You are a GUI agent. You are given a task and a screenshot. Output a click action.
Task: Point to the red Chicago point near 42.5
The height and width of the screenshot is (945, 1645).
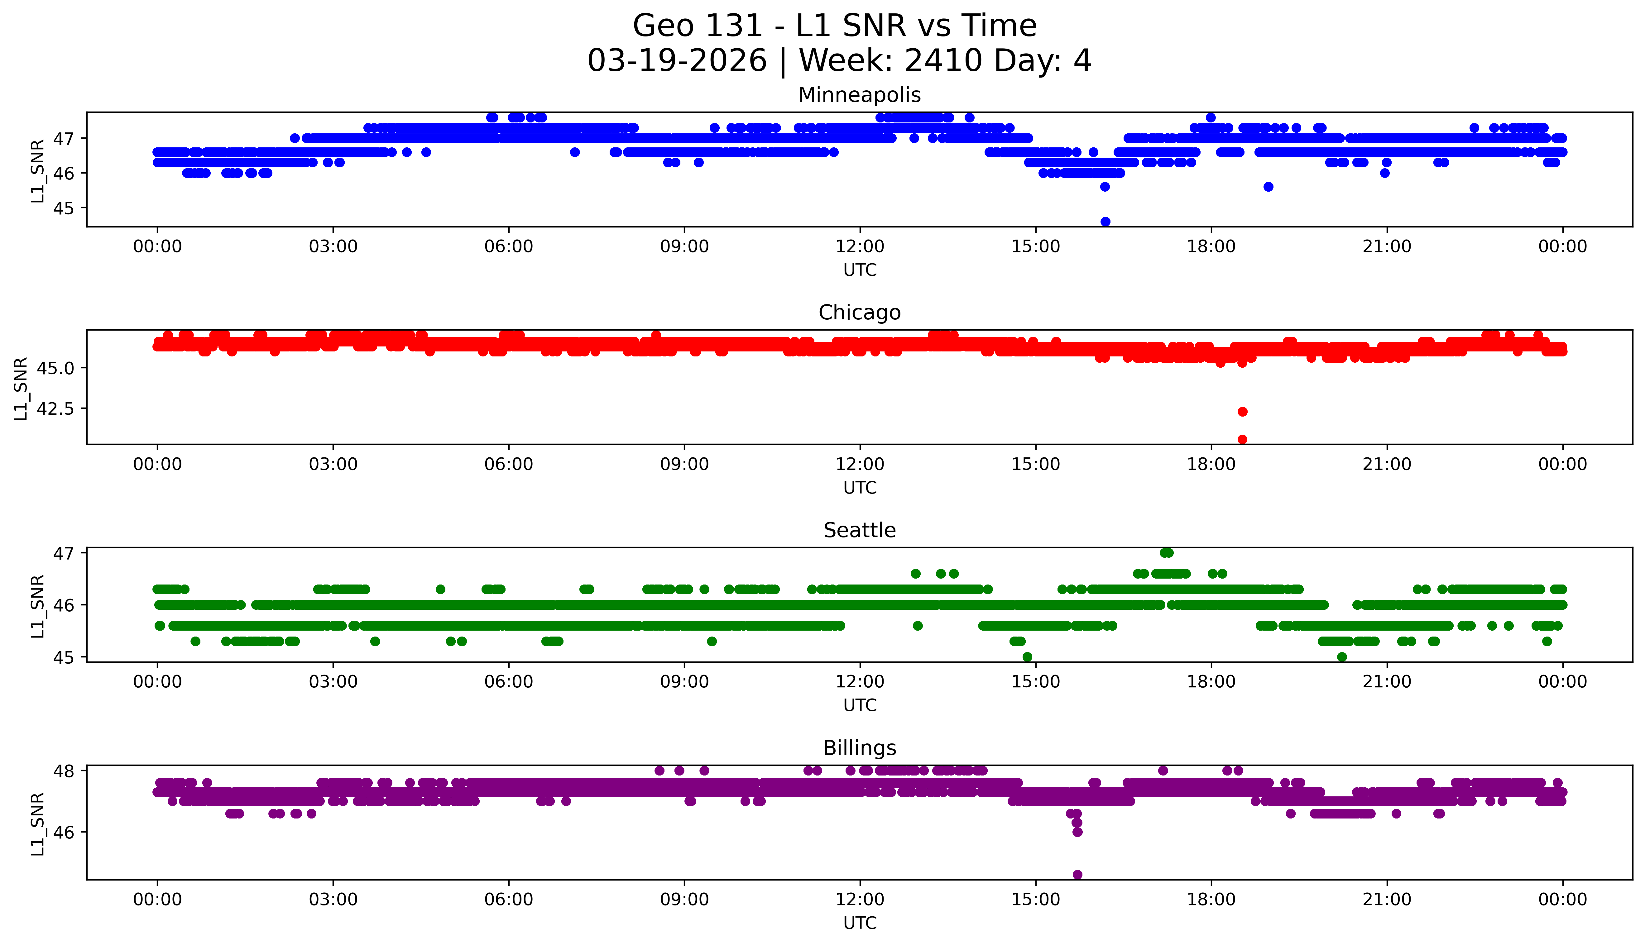coord(1242,412)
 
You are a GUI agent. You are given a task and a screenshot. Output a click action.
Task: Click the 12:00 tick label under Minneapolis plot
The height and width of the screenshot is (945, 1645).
coord(860,247)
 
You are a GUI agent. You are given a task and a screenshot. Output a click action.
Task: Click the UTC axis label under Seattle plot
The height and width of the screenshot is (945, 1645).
coord(860,705)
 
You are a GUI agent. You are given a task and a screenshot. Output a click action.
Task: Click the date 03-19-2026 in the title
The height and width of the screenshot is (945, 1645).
coord(676,61)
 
